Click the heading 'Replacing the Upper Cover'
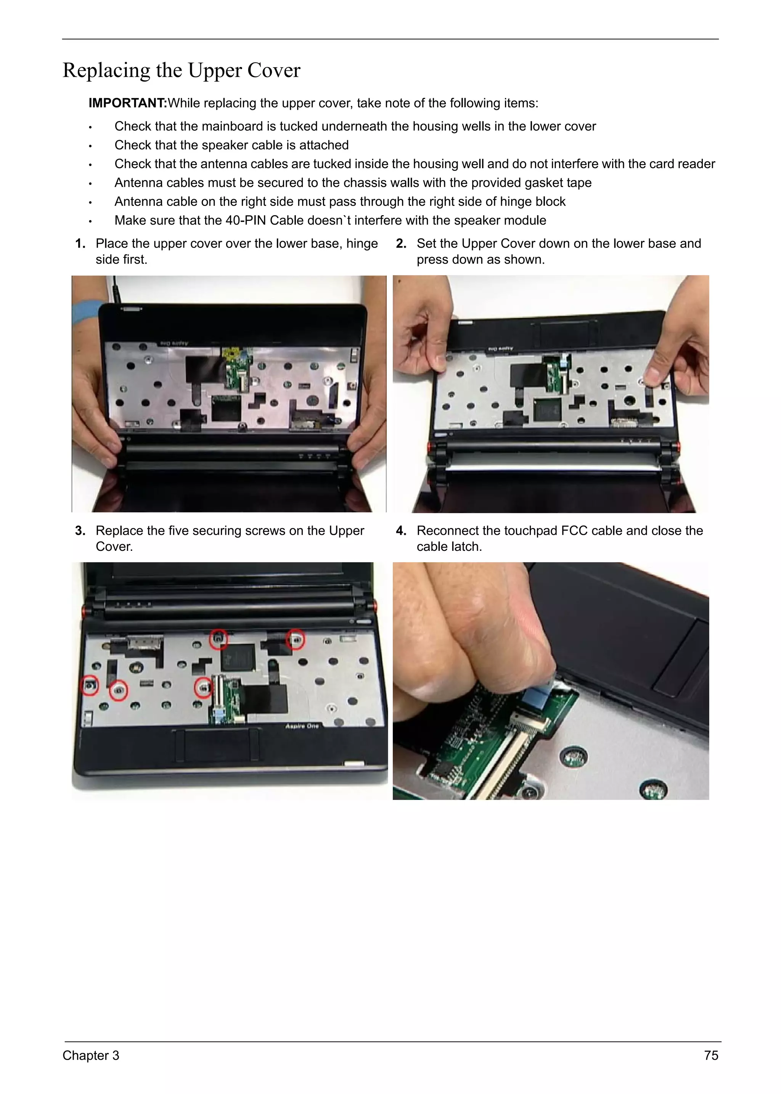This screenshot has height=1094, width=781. click(181, 70)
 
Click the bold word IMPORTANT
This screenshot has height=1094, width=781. click(127, 103)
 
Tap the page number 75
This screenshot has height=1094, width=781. click(711, 1055)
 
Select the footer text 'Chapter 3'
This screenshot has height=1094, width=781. click(90, 1055)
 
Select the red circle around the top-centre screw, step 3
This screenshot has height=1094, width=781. click(219, 639)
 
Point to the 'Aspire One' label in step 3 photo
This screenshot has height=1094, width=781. click(302, 726)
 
